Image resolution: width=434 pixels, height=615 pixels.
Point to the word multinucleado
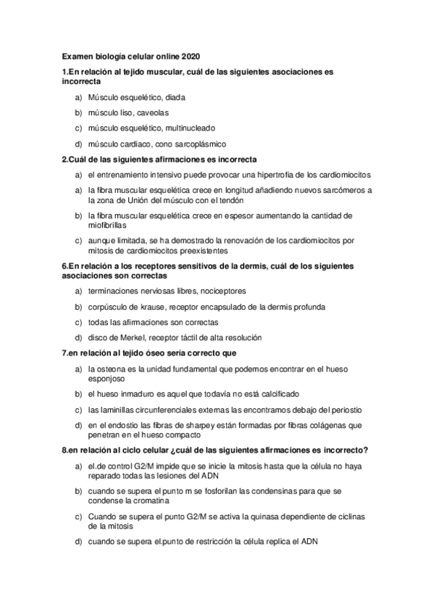(x=180, y=128)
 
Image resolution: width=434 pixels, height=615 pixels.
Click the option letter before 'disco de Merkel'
(x=78, y=337)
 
